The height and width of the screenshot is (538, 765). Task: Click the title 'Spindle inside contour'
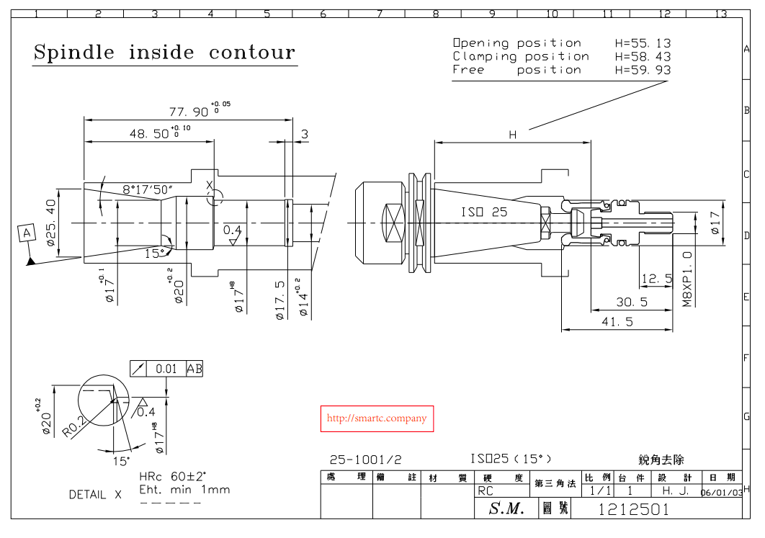[164, 53]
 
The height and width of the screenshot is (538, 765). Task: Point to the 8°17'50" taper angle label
[147, 189]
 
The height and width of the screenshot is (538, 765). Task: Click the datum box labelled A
[27, 233]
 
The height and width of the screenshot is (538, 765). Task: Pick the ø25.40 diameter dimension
[51, 223]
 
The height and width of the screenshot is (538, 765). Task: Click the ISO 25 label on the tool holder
[484, 212]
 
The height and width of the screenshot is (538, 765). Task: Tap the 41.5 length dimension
[617, 322]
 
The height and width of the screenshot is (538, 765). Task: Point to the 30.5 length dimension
[631, 302]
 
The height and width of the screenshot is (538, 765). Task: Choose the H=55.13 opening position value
[643, 43]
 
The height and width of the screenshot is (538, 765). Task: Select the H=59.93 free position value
[643, 70]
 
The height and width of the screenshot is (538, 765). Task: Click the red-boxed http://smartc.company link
[377, 418]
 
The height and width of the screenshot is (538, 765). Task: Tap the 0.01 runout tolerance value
[166, 369]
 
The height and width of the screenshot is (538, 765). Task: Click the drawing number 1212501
[634, 509]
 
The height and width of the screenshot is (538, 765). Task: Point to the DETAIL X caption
[96, 495]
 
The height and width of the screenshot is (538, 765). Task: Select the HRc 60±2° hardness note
[172, 476]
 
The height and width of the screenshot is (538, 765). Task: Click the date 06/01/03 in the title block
[722, 492]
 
